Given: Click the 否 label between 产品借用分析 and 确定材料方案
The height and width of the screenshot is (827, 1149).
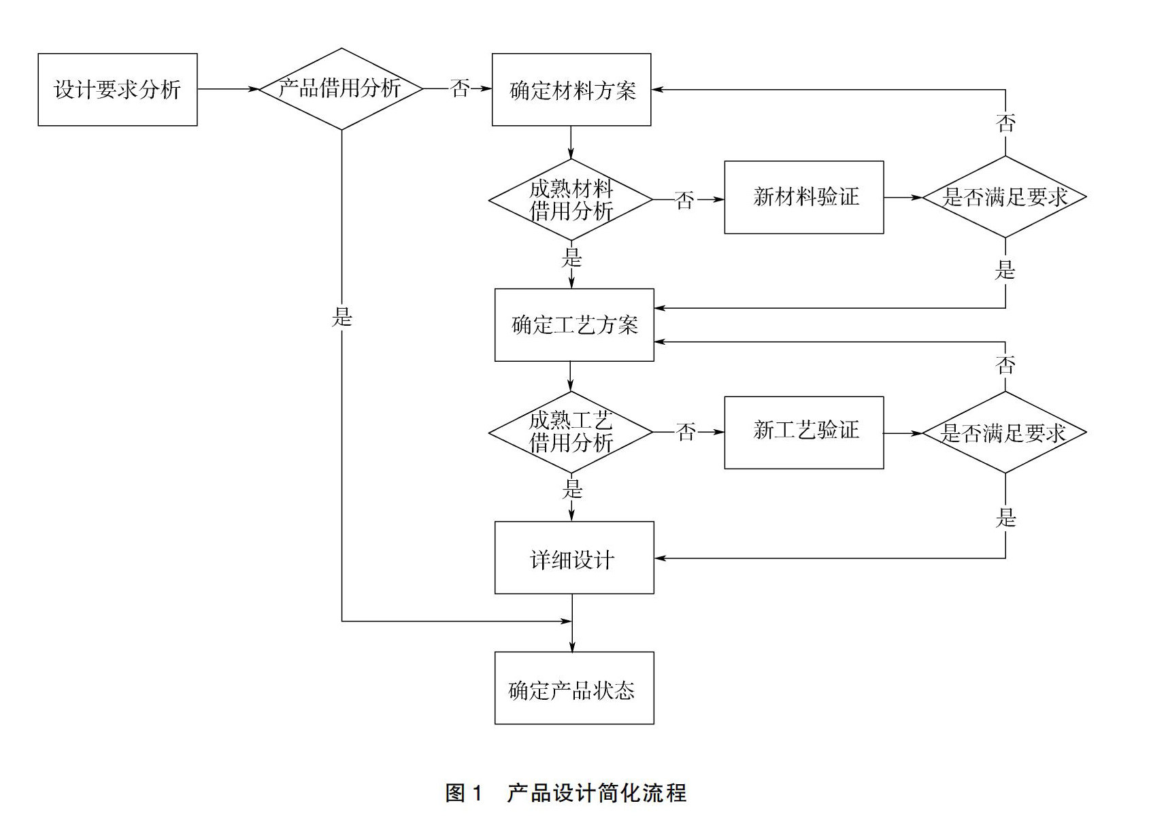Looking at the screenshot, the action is [460, 88].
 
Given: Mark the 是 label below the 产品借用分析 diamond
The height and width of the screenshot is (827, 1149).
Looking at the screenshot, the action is [342, 317].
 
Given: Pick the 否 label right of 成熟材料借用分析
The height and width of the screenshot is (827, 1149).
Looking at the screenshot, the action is [684, 200].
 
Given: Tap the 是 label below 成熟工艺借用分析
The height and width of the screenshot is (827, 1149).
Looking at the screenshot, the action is [572, 488].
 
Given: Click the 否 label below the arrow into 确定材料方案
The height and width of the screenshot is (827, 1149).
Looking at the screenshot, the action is [1005, 123].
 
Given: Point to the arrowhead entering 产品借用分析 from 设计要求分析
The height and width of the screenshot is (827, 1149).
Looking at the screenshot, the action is [254, 89].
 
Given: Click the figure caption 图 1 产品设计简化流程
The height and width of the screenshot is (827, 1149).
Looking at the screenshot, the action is [566, 793].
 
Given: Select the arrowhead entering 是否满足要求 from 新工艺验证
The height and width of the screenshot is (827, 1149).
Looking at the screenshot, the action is [916, 433].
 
